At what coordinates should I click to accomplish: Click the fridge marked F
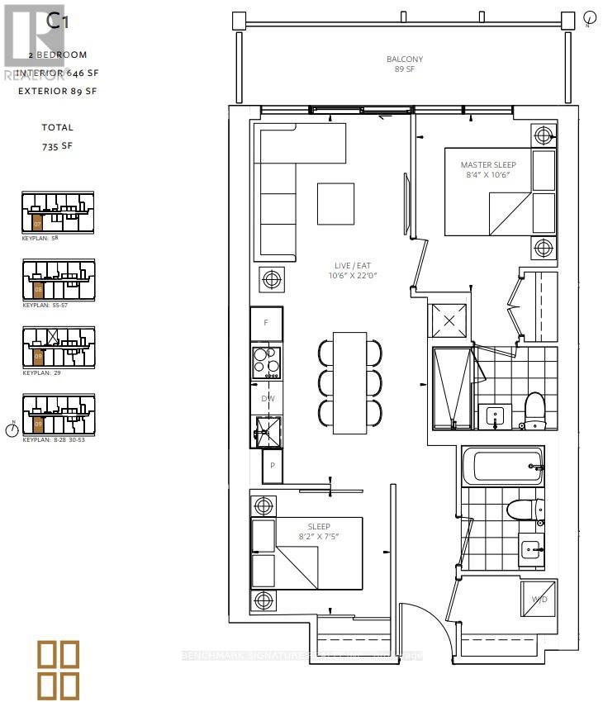tap(266, 323)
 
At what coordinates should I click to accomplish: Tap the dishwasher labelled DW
tap(266, 398)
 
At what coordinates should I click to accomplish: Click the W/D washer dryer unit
tap(539, 599)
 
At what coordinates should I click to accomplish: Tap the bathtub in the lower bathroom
tap(501, 467)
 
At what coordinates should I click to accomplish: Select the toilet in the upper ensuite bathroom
tap(534, 409)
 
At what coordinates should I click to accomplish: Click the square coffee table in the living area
tap(335, 203)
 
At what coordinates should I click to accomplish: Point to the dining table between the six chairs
tap(349, 382)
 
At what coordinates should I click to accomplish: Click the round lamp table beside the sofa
tap(272, 281)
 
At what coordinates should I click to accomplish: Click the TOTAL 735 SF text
tap(58, 135)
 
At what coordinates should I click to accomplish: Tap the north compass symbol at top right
tap(590, 17)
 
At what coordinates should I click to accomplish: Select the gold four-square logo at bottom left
tap(59, 668)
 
